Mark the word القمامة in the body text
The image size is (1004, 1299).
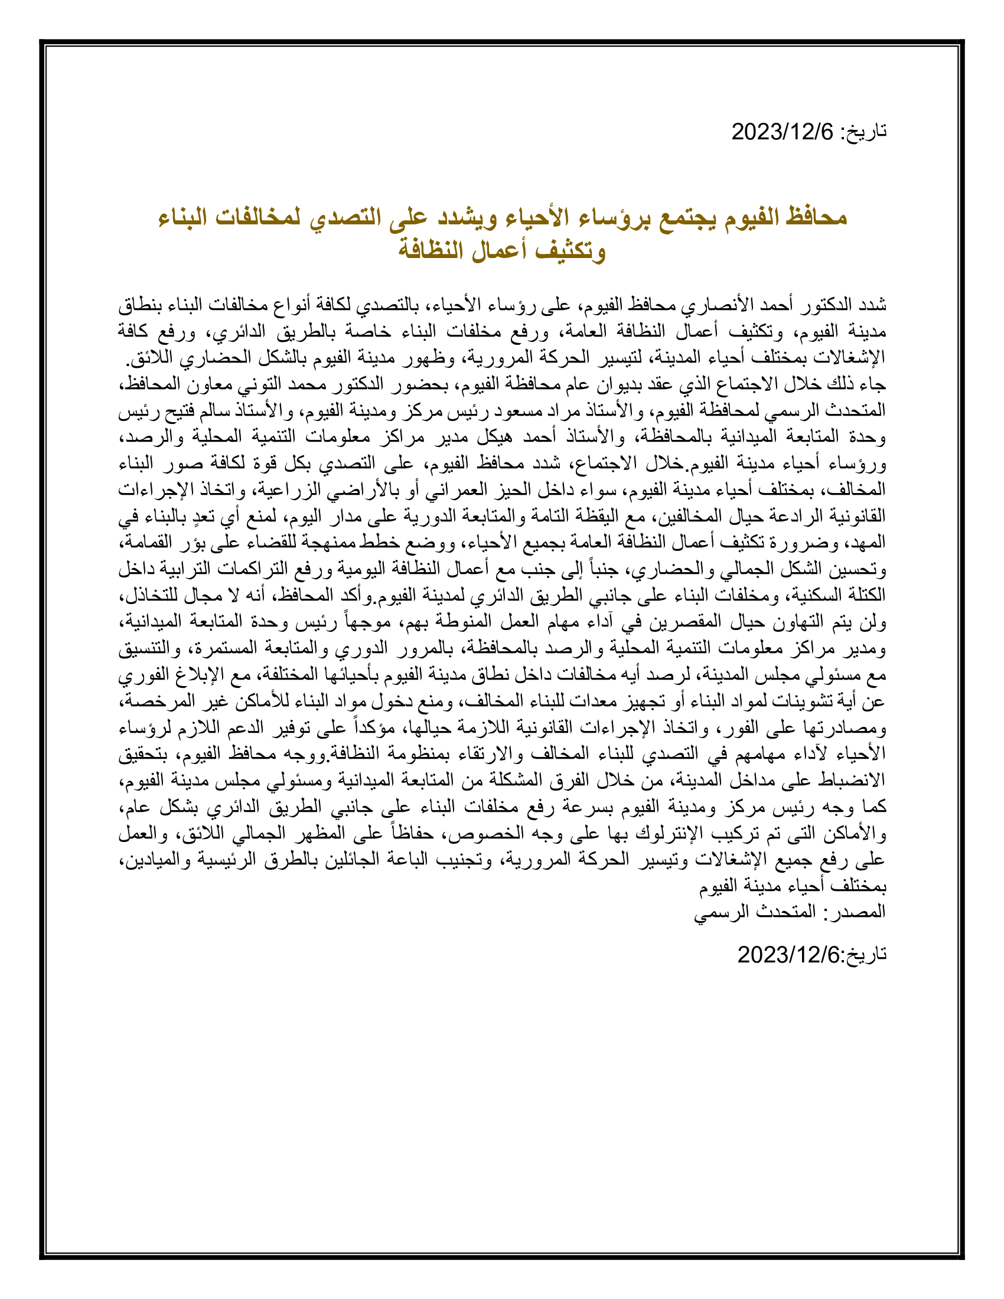click(x=147, y=543)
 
